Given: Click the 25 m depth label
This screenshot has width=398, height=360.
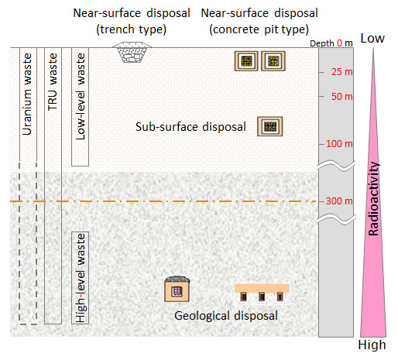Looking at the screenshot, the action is coord(342,72).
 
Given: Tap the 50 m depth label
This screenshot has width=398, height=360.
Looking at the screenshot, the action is coord(342,97).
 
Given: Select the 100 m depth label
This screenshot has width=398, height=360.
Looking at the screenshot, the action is coord(339,144).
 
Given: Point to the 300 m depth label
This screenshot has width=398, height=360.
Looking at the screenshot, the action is coord(339,201).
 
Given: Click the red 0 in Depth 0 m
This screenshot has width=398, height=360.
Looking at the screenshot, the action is coord(339,43).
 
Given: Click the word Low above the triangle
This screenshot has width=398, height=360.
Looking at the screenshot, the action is coord(372,38).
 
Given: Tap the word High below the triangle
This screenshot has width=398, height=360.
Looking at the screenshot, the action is coord(372,345).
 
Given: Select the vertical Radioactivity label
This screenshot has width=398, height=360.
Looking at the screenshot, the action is coord(373,199).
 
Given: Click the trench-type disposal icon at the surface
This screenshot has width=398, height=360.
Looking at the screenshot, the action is coord(132,53).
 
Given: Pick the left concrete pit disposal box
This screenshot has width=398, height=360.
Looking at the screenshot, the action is coord(246,61).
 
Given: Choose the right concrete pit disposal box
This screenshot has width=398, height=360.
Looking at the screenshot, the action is coord(273,61).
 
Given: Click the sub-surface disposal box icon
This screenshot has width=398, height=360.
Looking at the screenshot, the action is coord(270,126).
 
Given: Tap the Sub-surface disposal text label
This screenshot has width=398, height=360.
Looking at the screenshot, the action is coord(190,127).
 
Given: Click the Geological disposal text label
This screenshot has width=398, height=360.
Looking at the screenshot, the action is coord(226,316).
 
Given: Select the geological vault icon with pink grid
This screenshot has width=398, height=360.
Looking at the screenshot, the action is coord(177,289).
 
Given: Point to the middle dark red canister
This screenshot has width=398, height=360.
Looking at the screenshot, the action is coord(262,297).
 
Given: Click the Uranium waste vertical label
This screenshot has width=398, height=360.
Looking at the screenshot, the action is coord(26,94).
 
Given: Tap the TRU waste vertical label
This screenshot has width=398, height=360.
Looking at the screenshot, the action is coord(53,82).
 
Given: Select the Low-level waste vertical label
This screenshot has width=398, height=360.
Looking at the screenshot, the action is coord(80,97).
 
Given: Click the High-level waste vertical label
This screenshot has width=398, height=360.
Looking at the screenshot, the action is coord(81,278).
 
